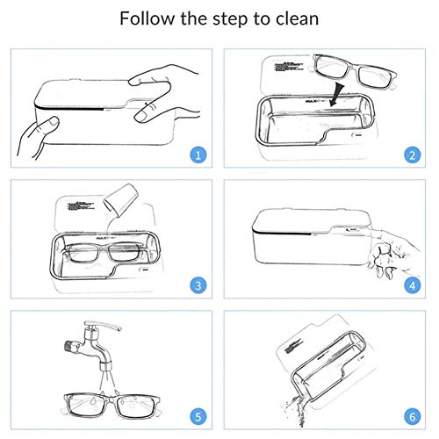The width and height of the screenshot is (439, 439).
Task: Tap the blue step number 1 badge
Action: click(200, 155)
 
